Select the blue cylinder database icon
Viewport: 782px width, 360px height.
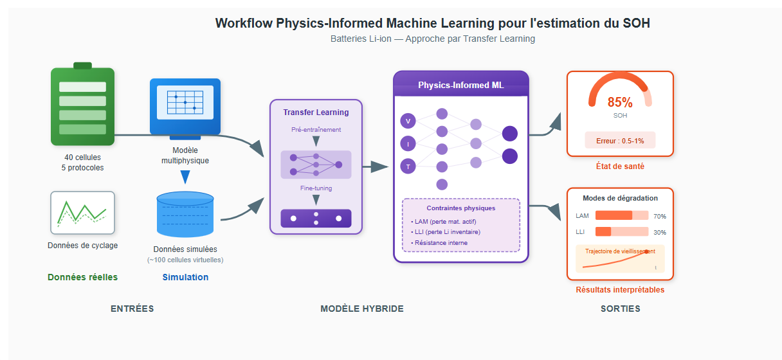click(x=185, y=214)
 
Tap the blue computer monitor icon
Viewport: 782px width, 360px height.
click(x=185, y=107)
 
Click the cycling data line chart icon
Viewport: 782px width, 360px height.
click(x=82, y=212)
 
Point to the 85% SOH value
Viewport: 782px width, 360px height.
click(x=620, y=102)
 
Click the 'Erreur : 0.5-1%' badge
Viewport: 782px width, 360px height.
click(x=620, y=140)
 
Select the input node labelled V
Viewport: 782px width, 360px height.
click(x=408, y=121)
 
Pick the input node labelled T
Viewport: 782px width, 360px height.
click(x=408, y=166)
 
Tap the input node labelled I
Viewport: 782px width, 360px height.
click(x=408, y=144)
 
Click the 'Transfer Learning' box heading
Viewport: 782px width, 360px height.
click(x=316, y=113)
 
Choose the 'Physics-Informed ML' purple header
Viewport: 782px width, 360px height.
click(x=461, y=85)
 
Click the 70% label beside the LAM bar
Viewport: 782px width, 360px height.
click(x=659, y=216)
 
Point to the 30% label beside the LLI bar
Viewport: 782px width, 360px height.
click(x=659, y=232)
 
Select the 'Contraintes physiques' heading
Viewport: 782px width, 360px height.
click(x=460, y=208)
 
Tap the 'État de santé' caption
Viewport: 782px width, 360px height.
click(x=620, y=166)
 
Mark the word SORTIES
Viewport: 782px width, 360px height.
click(x=620, y=309)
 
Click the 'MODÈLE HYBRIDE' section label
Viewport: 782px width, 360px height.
click(x=362, y=309)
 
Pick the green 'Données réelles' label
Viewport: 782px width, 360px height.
click(x=82, y=277)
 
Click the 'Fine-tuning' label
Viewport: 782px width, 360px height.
click(x=316, y=188)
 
